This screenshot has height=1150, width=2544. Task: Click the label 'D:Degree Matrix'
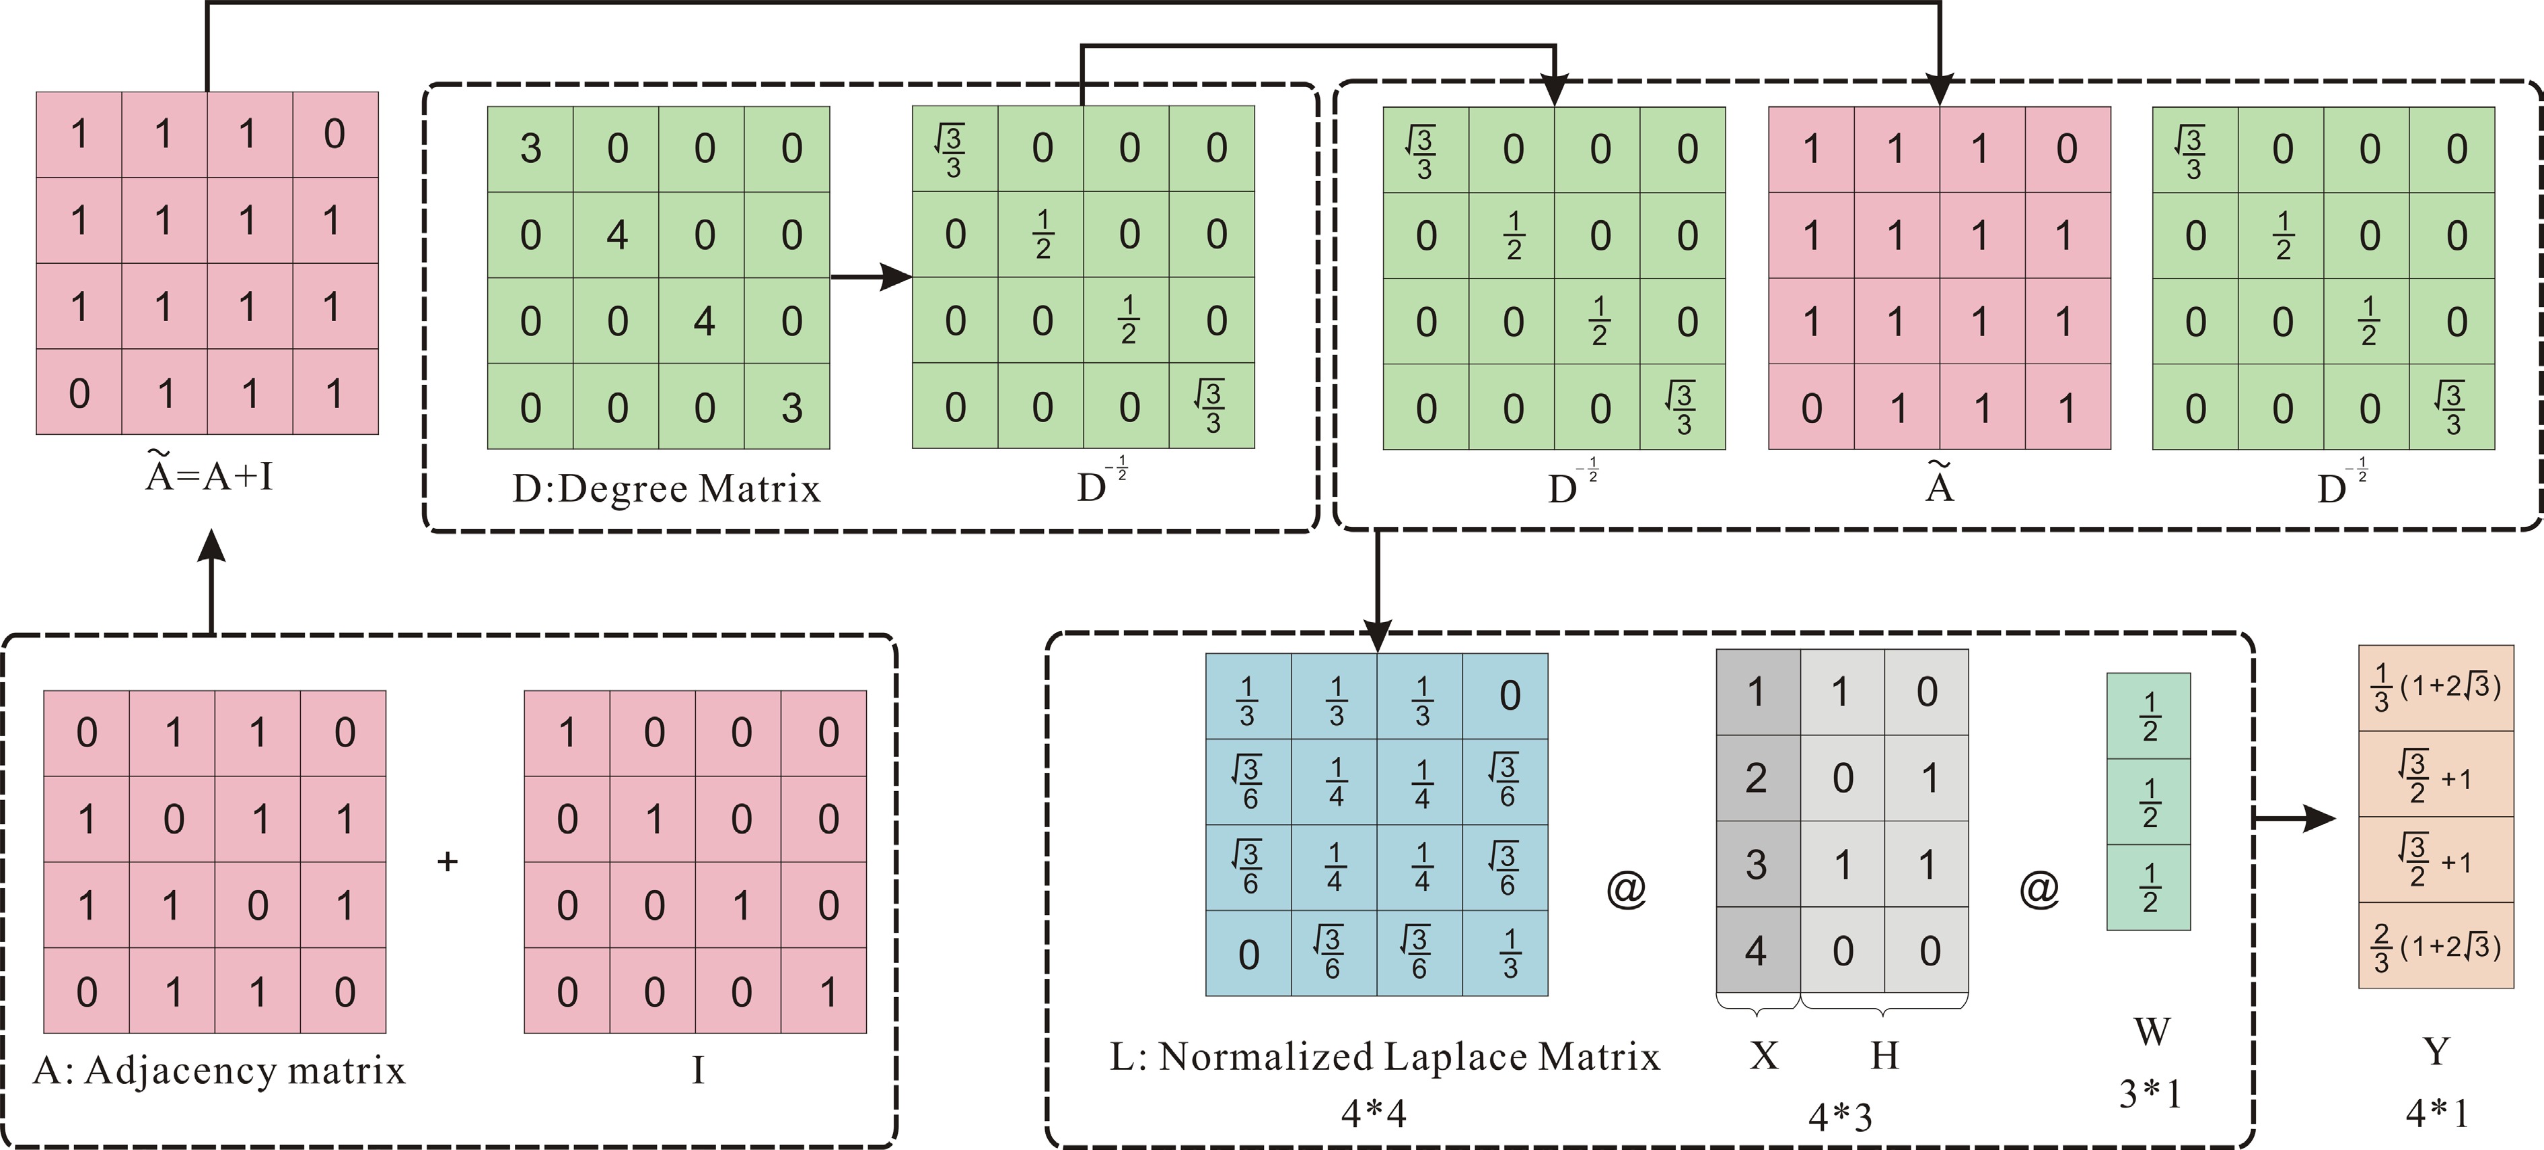[x=666, y=489]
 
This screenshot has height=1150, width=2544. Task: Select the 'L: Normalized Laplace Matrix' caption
[x=1384, y=1057]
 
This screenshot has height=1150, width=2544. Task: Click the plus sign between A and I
[x=448, y=862]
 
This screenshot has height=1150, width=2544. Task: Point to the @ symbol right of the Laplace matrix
[x=1625, y=889]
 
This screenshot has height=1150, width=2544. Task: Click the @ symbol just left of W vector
[x=2039, y=889]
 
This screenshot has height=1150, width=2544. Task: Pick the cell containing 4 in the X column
[x=1756, y=951]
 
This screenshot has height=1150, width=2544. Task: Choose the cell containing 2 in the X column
[x=1756, y=778]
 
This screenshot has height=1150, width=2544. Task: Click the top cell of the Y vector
[x=2436, y=689]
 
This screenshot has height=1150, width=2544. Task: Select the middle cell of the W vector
[x=2148, y=802]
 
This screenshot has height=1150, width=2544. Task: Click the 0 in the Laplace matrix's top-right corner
[x=1508, y=696]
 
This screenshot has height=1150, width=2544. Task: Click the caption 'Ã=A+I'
[x=209, y=476]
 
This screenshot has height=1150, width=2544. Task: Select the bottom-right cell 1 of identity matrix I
[x=826, y=991]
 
